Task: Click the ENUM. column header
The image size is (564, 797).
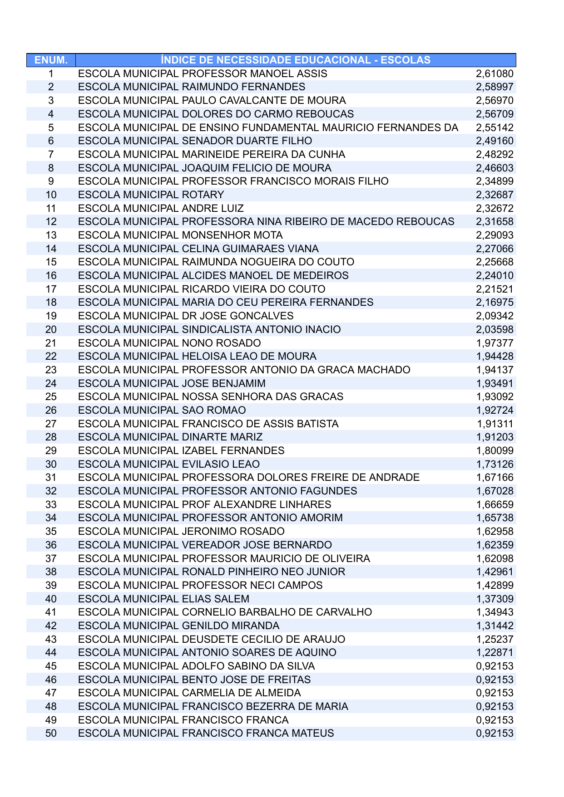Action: click(51, 60)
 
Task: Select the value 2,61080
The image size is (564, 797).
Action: click(495, 74)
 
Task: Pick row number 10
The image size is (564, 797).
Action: click(51, 195)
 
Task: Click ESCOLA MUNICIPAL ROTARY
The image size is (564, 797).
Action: click(151, 195)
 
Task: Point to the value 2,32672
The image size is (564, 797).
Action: click(495, 209)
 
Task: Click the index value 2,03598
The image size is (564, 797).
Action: click(495, 330)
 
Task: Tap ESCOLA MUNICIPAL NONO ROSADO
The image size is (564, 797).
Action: click(169, 343)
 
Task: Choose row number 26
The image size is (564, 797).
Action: click(51, 411)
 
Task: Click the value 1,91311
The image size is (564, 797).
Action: click(495, 424)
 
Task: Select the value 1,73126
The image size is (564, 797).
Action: click(495, 465)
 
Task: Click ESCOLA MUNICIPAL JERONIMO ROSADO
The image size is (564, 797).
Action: click(181, 532)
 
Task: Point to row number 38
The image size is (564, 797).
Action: click(51, 572)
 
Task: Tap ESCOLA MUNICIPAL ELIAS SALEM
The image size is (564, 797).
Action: click(163, 599)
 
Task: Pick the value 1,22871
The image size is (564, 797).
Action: click(495, 653)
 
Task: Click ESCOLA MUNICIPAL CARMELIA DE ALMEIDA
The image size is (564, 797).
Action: click(189, 693)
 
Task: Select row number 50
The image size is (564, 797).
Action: click(51, 733)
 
